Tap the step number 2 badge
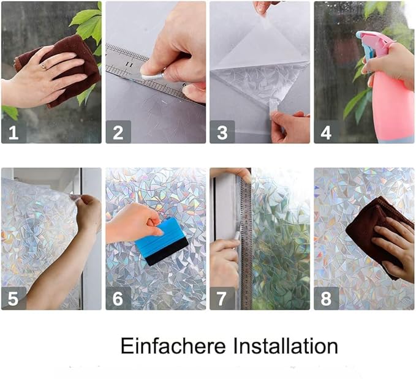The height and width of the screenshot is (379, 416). tap(118, 131)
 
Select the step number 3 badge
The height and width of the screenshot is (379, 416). tap(222, 131)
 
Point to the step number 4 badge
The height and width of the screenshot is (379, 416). tap(327, 131)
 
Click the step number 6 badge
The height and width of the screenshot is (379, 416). tap(118, 298)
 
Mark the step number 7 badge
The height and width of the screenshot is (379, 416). tap(222, 298)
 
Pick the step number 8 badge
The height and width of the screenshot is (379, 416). tap(327, 298)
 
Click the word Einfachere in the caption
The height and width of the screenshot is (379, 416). tap(173, 346)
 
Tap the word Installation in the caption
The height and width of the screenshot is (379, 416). tap(284, 346)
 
